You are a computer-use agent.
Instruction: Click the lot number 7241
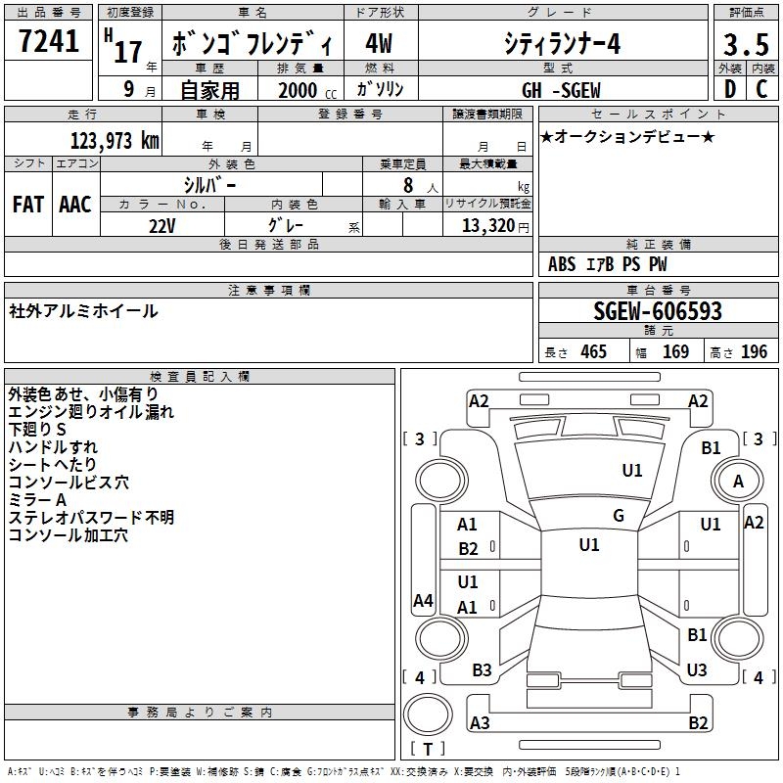[x=50, y=43]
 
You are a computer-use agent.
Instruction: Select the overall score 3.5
[x=745, y=46]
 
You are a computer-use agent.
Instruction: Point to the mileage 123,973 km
[x=115, y=140]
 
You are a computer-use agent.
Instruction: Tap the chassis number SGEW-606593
[x=658, y=311]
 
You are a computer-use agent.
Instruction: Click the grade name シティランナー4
[x=562, y=44]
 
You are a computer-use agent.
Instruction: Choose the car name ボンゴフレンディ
[x=253, y=45]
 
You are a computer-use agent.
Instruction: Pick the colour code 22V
[x=162, y=224]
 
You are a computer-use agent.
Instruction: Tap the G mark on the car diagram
[x=619, y=516]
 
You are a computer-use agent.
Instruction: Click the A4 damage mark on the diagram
[x=423, y=601]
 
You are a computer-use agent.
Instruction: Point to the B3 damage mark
[x=483, y=670]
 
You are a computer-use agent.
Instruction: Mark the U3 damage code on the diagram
[x=697, y=670]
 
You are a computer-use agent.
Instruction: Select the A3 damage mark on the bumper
[x=480, y=723]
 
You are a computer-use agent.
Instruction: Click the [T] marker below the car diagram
[x=427, y=749]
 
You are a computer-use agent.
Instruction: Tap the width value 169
[x=675, y=351]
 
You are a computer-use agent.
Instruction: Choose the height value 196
[x=755, y=351]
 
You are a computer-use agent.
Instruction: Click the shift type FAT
[x=27, y=204]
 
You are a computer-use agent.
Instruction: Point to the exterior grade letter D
[x=729, y=89]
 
